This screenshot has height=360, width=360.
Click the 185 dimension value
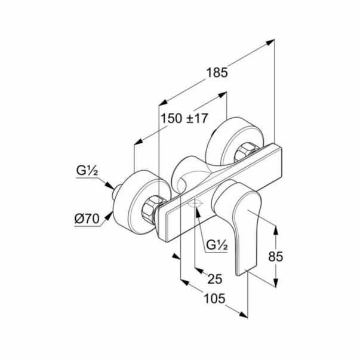click(x=217, y=73)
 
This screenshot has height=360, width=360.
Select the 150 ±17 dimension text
click(x=184, y=118)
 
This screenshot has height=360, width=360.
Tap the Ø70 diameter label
click(x=87, y=219)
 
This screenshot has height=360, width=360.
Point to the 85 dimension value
click(x=275, y=256)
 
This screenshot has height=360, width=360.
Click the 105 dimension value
click(x=214, y=299)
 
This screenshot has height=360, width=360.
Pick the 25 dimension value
click(x=215, y=279)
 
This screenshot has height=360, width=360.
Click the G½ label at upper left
click(x=87, y=171)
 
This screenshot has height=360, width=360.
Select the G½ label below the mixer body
click(x=217, y=245)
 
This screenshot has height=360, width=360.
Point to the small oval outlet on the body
click(x=195, y=203)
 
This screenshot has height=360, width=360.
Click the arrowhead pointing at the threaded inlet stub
click(x=109, y=186)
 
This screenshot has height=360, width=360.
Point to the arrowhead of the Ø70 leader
click(x=109, y=215)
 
